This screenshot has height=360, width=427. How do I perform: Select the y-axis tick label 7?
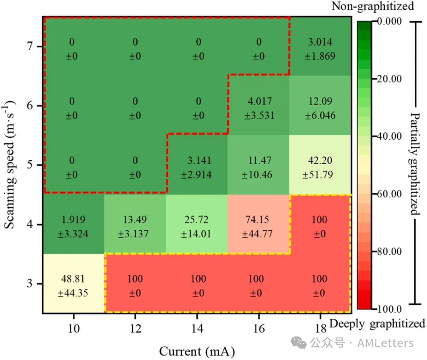click(28, 47)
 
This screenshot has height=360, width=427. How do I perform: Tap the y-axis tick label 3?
click(28, 284)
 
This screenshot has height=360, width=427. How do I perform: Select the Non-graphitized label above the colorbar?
click(372, 6)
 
